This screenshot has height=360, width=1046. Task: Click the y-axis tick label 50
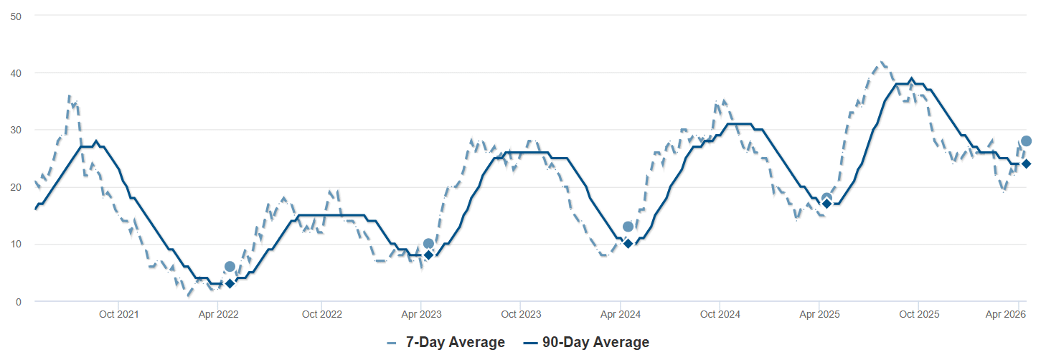[x=15, y=16]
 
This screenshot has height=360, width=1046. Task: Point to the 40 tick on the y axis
[x=15, y=73]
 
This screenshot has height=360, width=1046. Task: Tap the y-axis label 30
[x=15, y=130]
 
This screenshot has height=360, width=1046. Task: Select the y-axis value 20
[x=15, y=187]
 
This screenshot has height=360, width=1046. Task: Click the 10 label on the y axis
[x=15, y=245]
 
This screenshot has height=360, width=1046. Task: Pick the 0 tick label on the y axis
[x=17, y=302]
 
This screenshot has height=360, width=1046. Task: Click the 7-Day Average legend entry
[x=446, y=343]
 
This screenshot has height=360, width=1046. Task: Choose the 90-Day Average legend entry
[x=587, y=343]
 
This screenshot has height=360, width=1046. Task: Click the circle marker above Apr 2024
[x=628, y=227]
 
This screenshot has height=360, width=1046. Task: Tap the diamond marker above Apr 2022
[x=230, y=283]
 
